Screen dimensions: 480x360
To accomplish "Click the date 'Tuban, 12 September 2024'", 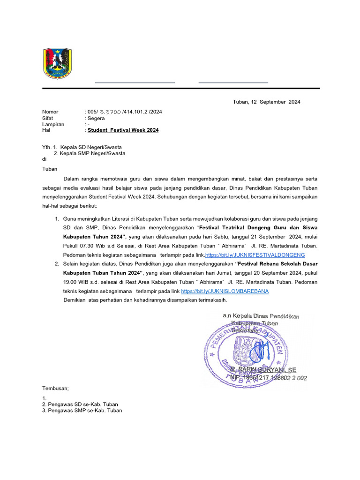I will (266, 102).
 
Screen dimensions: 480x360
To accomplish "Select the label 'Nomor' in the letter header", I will (50, 112).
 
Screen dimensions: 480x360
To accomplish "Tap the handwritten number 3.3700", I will (109, 112).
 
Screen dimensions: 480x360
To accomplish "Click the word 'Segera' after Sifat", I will (96, 118).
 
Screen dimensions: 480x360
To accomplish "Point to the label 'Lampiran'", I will (53, 124).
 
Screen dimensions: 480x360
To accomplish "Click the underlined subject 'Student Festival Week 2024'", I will (123, 130).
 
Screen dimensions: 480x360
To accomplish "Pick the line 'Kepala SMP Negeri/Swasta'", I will (92, 153).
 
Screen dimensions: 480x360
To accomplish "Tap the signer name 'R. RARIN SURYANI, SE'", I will (263, 370).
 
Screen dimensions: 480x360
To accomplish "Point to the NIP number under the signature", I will (269, 378).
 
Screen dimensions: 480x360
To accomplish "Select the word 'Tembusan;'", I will (55, 388).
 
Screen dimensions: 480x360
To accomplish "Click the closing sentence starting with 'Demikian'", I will (145, 300).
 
